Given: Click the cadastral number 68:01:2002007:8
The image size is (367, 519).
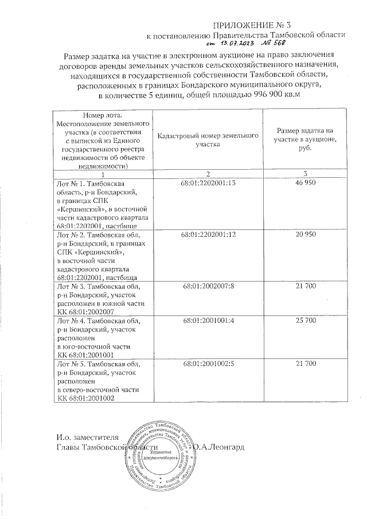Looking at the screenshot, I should point(209,286).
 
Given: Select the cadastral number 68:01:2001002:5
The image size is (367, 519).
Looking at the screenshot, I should point(209,364).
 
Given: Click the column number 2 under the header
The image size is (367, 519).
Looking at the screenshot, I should point(209,174).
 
